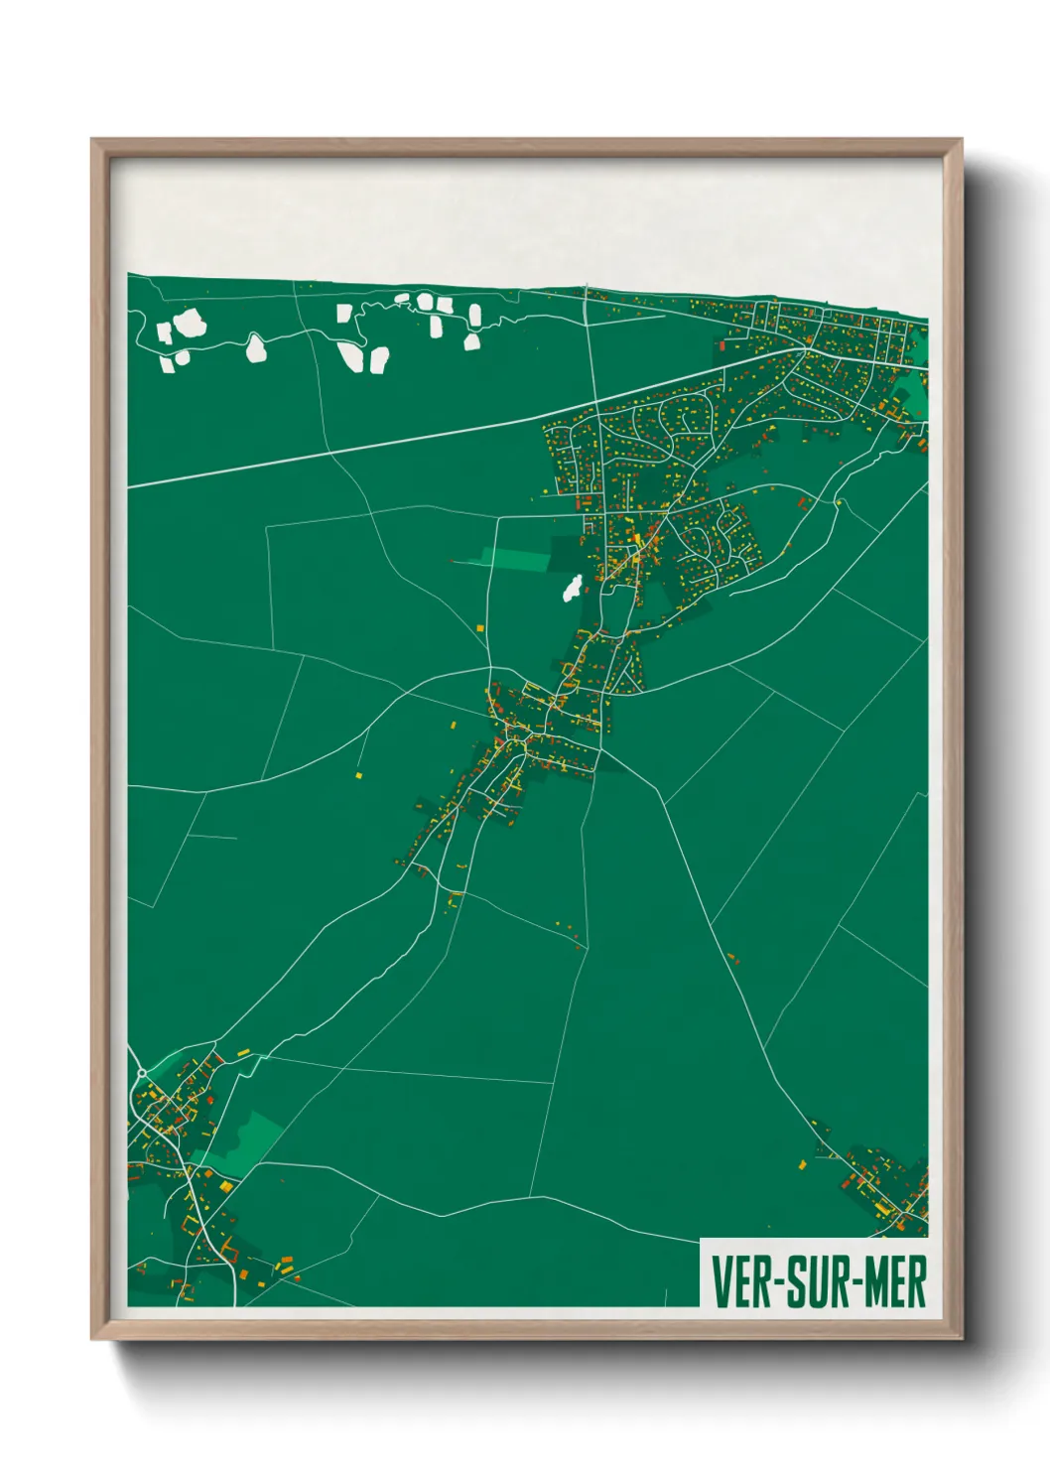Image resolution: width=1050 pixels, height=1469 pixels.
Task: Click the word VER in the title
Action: coord(742,1282)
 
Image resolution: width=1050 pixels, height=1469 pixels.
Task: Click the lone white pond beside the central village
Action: coord(572,589)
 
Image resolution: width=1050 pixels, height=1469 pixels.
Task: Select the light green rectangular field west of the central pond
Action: coord(515,559)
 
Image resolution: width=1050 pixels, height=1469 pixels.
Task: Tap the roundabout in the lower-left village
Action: coord(142,1074)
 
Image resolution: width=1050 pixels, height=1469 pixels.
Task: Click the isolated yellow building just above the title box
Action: coord(803,1163)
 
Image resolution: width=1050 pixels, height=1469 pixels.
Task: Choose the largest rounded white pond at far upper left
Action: coord(187,324)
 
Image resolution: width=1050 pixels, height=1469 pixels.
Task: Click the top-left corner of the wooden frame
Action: coord(92,140)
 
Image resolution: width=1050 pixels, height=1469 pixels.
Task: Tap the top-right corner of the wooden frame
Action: coord(961,140)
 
